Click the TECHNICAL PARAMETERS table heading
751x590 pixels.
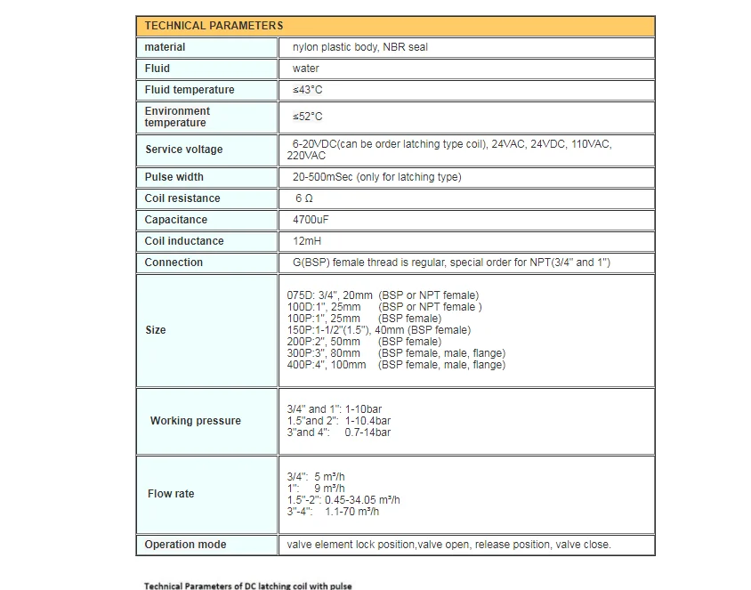pyautogui.click(x=214, y=26)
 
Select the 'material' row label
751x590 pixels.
pyautogui.click(x=166, y=47)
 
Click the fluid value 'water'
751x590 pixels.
pyautogui.click(x=305, y=69)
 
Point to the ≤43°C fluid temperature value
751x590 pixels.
pyautogui.click(x=307, y=90)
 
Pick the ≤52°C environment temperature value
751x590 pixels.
pyautogui.click(x=307, y=117)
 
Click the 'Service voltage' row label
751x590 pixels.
pyautogui.click(x=184, y=150)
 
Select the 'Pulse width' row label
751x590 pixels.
pyautogui.click(x=174, y=177)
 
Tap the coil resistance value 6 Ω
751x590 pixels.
pyautogui.click(x=304, y=198)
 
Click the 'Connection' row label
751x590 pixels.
pyautogui.click(x=174, y=263)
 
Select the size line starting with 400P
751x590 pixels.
pyautogui.click(x=396, y=365)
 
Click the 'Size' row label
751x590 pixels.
pyautogui.click(x=156, y=330)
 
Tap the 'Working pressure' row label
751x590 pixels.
pyautogui.click(x=196, y=421)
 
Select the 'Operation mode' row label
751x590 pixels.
pyautogui.click(x=186, y=545)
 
